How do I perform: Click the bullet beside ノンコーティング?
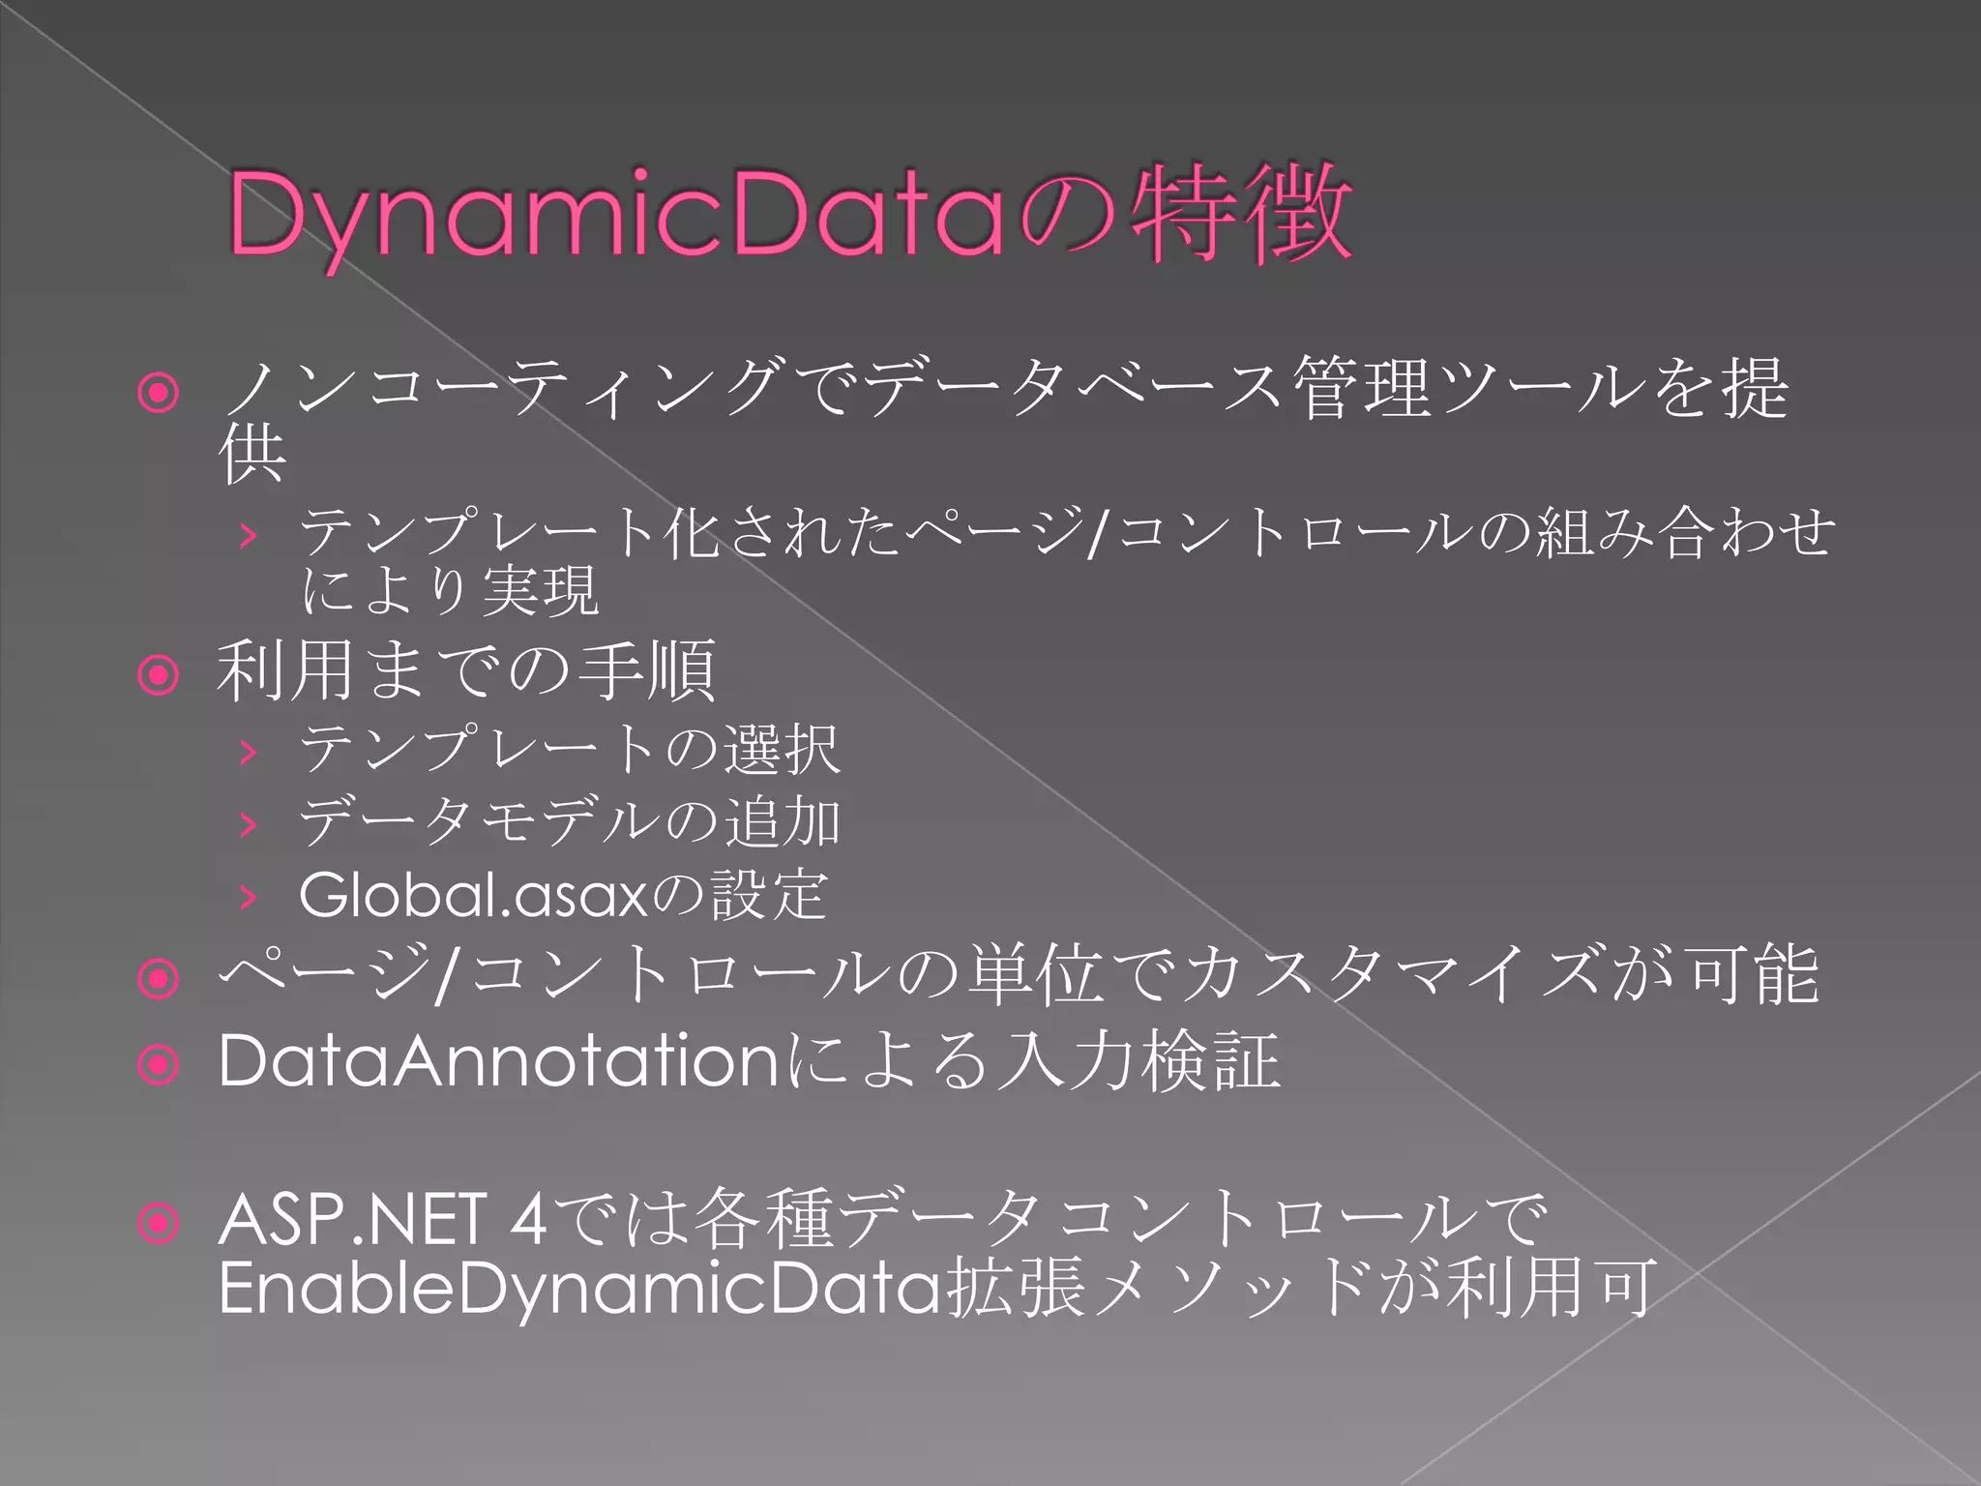click(159, 393)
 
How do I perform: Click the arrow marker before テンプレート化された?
click(249, 534)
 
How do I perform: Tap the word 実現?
click(540, 590)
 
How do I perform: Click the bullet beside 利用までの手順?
click(159, 674)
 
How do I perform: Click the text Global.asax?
click(472, 895)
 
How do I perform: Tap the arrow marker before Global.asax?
click(249, 898)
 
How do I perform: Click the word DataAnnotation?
click(498, 1061)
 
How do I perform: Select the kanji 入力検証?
click(1138, 1061)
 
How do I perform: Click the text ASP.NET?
click(352, 1219)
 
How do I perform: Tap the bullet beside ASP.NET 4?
click(159, 1223)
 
